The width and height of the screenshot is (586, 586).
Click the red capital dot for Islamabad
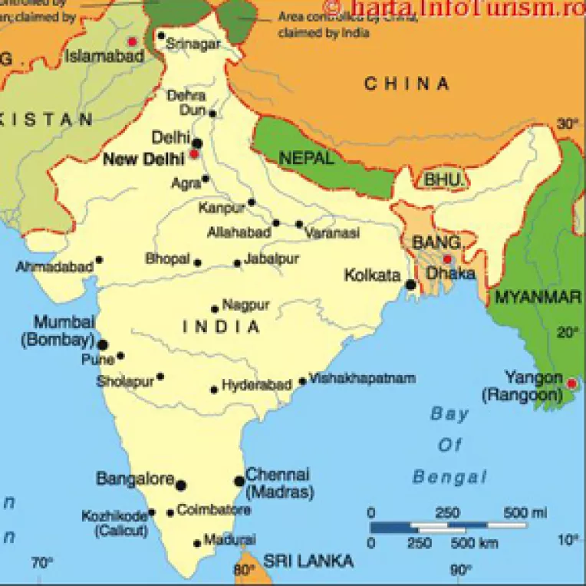click(133, 41)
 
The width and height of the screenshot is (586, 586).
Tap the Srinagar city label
click(193, 44)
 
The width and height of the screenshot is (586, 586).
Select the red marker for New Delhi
click(194, 154)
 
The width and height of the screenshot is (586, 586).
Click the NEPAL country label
click(306, 159)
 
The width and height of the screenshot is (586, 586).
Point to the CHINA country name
click(407, 84)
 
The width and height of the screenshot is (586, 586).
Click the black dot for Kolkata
click(411, 285)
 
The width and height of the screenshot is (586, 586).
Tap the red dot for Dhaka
click(447, 259)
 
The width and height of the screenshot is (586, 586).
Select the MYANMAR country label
click(538, 298)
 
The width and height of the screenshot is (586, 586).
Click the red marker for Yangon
click(571, 383)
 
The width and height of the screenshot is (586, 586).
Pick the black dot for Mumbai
click(102, 345)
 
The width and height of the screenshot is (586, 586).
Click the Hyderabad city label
click(256, 385)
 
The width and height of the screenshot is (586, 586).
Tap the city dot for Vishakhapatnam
click(302, 381)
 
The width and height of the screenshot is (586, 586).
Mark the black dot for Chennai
click(239, 482)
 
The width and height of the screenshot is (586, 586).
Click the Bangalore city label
click(135, 479)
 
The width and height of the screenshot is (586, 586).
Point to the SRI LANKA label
click(308, 561)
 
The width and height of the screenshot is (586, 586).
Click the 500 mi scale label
click(525, 512)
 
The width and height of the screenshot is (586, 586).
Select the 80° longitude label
click(244, 570)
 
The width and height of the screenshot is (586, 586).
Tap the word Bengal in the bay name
click(449, 477)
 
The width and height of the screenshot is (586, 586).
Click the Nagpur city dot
click(215, 310)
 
